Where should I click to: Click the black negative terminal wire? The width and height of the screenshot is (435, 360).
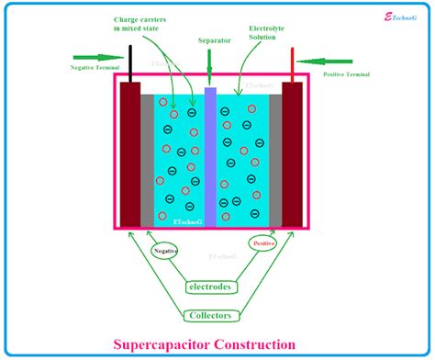(130, 62)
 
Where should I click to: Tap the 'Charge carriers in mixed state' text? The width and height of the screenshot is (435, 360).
(145, 24)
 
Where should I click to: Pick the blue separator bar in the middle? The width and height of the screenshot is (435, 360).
(210, 156)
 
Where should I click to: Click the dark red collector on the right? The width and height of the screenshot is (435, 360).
(294, 156)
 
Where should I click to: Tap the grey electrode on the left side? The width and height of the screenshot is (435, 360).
(147, 156)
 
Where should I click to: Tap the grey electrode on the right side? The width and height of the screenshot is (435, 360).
(275, 156)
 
